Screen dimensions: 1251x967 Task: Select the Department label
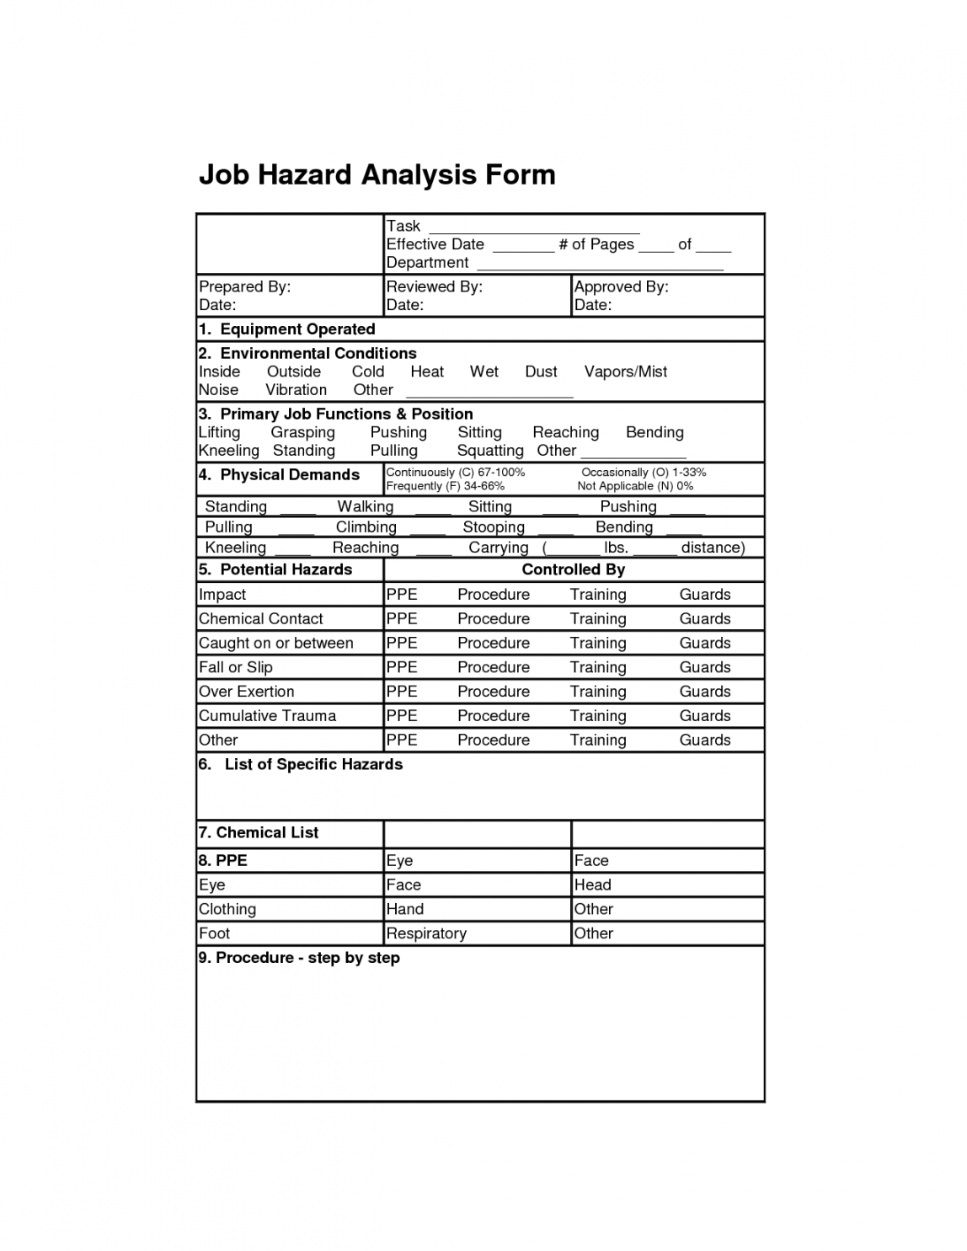tap(427, 263)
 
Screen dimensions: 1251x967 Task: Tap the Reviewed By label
tap(434, 286)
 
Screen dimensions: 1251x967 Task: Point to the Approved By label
tap(621, 286)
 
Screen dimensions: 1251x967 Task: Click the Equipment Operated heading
tap(297, 329)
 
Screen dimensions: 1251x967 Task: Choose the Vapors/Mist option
tap(625, 372)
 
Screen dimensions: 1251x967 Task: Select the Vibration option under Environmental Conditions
tap(296, 390)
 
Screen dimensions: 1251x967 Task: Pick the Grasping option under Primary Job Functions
tap(302, 432)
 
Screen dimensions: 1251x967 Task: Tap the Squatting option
tap(490, 451)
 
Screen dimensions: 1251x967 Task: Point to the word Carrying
tap(498, 548)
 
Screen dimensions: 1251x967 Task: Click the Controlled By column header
tap(573, 569)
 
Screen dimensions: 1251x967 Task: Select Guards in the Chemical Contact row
tap(704, 618)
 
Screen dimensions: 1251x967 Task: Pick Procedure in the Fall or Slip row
tap(493, 667)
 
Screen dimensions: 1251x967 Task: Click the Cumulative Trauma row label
tap(267, 716)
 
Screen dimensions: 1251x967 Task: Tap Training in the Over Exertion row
tap(597, 692)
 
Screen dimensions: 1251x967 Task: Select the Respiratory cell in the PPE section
tap(425, 933)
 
